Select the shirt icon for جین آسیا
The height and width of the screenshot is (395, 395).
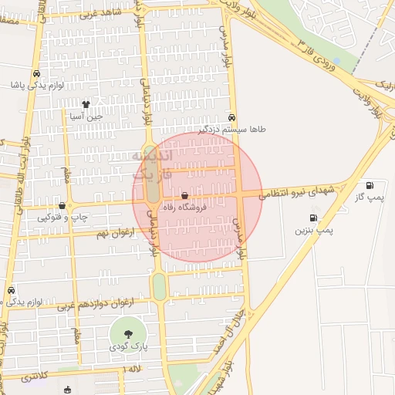point(86,103)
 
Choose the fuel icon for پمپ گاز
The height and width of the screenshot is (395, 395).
point(370,185)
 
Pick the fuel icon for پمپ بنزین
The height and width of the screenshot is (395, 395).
point(312,218)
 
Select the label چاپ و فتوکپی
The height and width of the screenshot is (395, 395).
point(61,218)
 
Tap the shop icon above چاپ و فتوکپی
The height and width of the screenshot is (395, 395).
point(62,205)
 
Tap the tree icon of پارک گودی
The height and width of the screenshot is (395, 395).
point(127,334)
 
